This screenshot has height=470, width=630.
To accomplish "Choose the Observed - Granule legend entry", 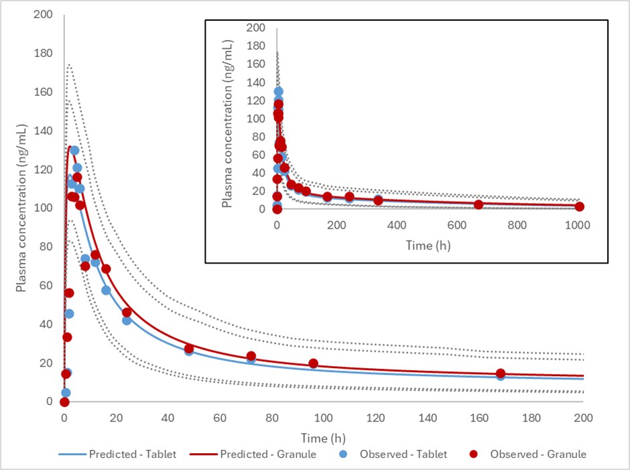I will [x=529, y=454].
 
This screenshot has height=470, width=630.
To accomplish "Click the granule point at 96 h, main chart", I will [x=314, y=363].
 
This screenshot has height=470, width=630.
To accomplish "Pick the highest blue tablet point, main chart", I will [x=74, y=150].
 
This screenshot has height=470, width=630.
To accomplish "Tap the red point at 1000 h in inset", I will [x=579, y=207].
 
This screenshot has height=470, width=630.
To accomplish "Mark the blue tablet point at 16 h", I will [x=106, y=290].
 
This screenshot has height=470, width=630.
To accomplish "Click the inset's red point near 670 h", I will [x=478, y=204].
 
